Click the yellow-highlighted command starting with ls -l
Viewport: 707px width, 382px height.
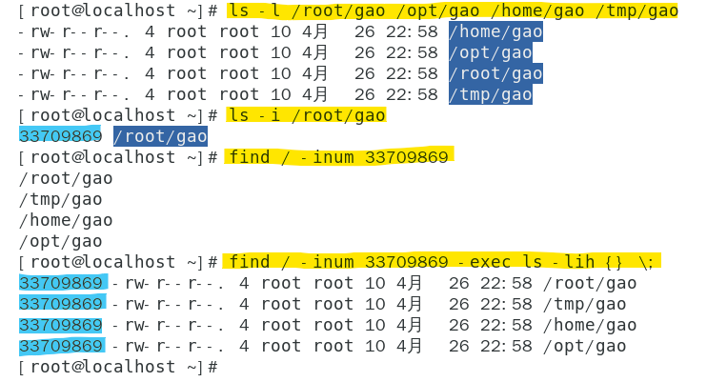[453, 11]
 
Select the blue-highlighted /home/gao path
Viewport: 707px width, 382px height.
[495, 31]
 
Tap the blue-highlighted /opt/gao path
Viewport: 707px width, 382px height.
[491, 52]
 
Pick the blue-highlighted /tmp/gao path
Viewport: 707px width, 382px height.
[491, 94]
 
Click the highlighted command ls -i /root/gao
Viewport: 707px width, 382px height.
[306, 115]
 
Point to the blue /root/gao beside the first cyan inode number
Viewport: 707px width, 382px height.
[160, 136]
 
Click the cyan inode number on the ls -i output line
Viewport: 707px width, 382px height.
[60, 136]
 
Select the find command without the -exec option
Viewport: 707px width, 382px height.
[338, 156]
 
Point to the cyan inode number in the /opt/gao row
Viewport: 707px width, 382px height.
[60, 346]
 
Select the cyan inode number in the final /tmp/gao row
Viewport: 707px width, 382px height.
[60, 304]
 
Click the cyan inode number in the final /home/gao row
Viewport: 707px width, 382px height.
[60, 325]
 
